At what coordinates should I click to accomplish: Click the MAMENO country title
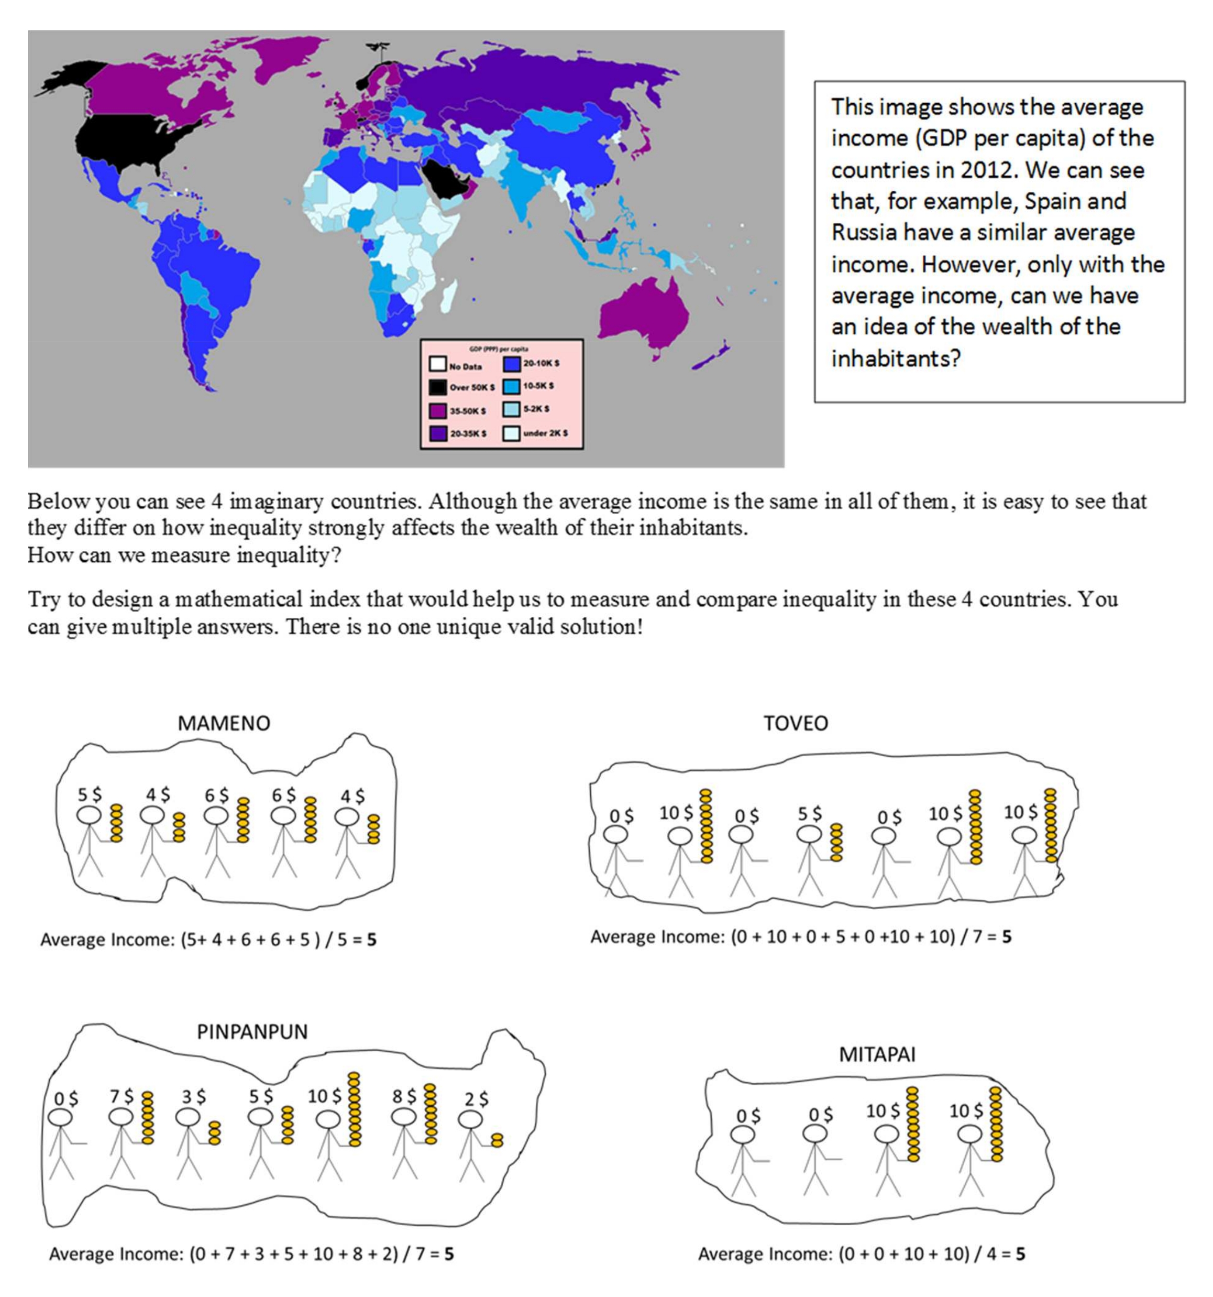point(224,723)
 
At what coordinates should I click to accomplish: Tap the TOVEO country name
point(796,723)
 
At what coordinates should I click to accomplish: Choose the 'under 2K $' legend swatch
point(511,433)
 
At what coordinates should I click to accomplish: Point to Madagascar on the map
point(447,297)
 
